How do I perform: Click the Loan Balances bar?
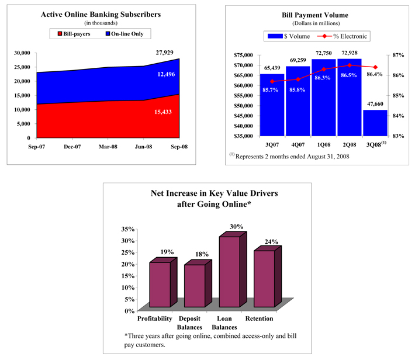click(x=229, y=272)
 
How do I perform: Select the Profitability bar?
click(x=160, y=285)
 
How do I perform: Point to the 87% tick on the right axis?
click(x=399, y=55)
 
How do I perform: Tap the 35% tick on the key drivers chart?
click(x=127, y=229)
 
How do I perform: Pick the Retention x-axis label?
click(x=260, y=319)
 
